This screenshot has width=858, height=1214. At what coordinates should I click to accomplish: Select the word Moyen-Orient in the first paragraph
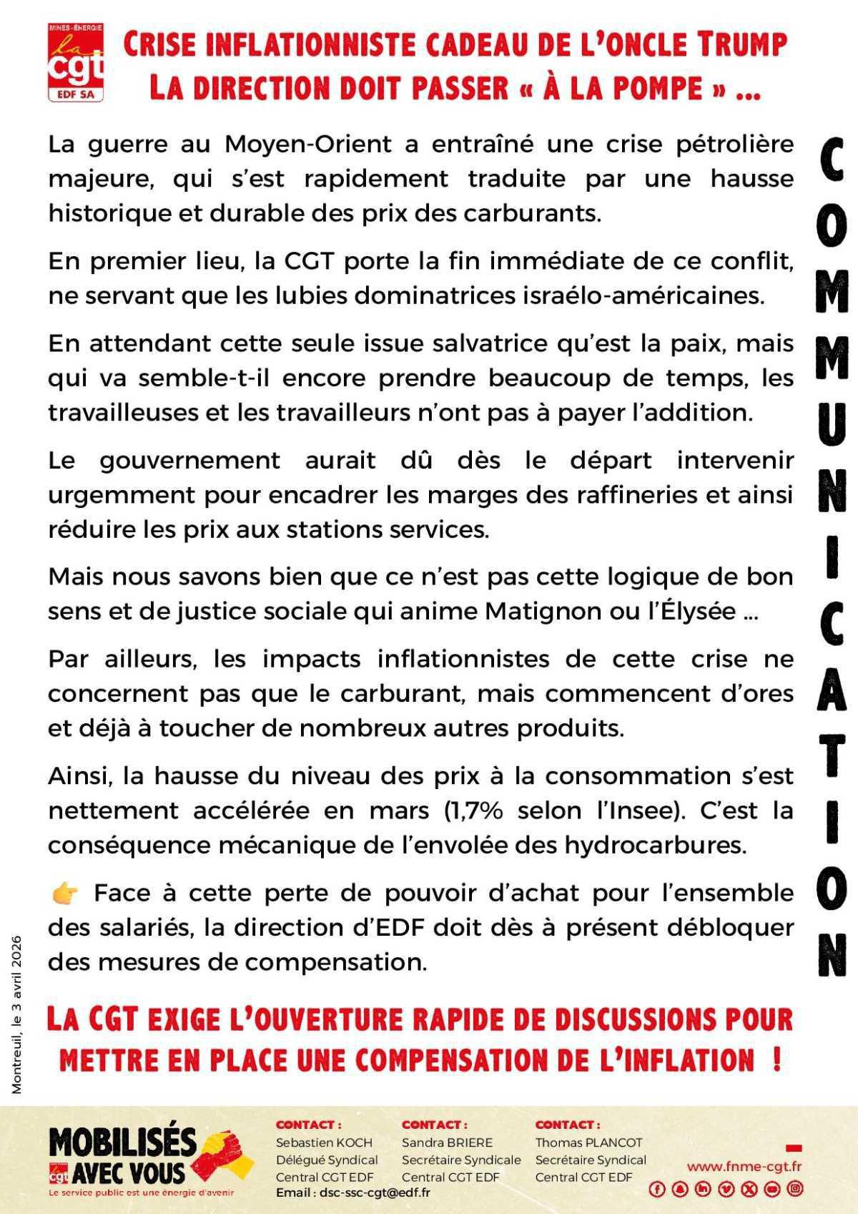tap(308, 144)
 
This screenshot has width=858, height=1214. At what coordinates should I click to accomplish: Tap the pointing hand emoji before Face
tap(65, 893)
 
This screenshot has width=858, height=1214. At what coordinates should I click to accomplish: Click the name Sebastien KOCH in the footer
tap(324, 1142)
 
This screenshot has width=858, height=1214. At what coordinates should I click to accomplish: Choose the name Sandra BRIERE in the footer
tap(447, 1142)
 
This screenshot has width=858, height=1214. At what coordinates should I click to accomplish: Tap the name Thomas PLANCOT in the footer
tap(588, 1142)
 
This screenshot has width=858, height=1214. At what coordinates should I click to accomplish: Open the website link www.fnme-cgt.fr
tap(744, 1166)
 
